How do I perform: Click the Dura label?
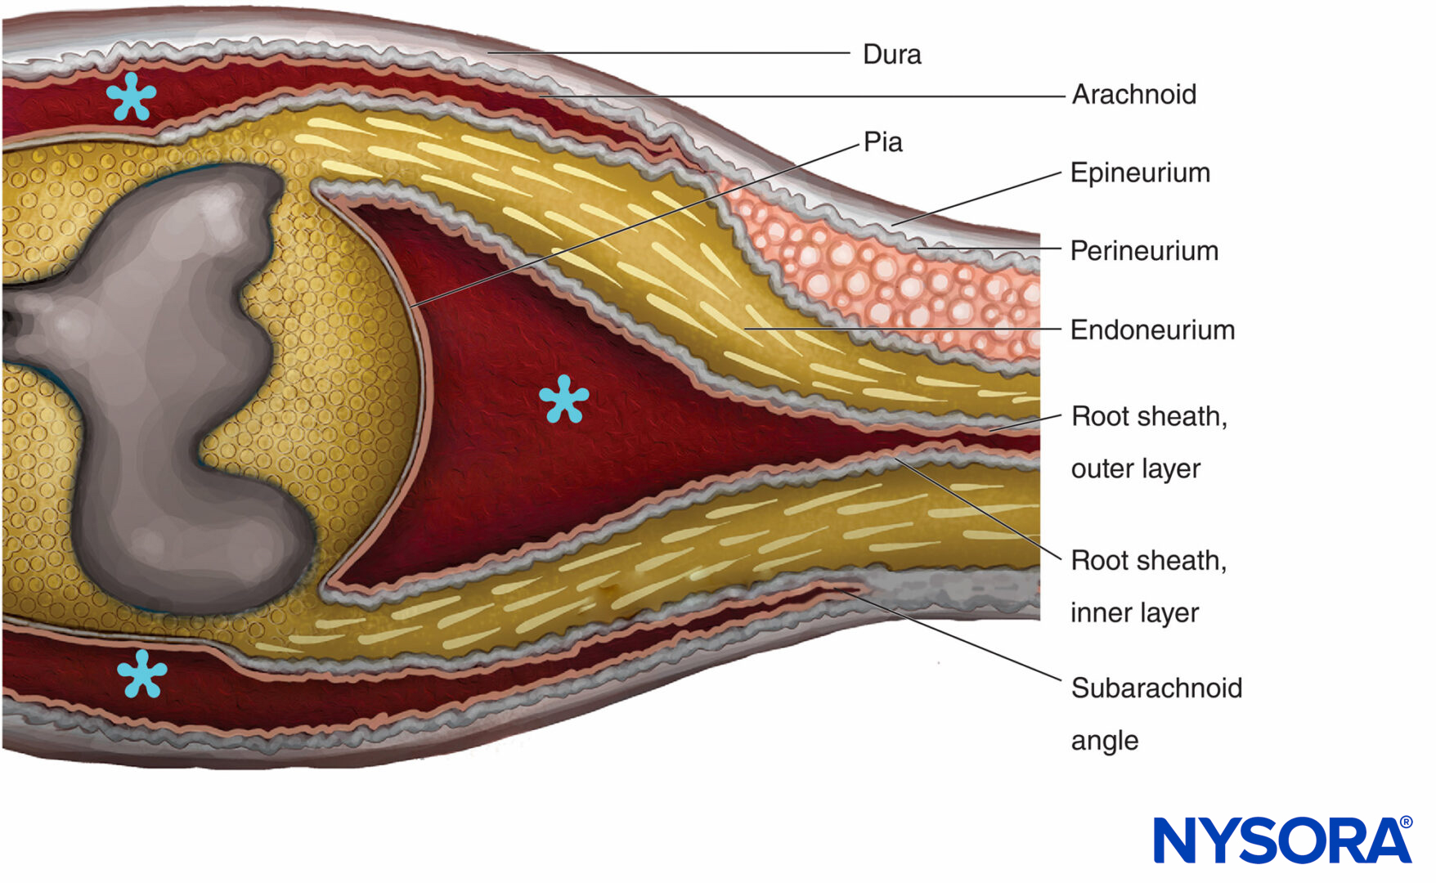point(891,55)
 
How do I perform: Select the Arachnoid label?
point(1133,95)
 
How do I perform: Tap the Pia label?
point(882,142)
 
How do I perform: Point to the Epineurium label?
point(1140,173)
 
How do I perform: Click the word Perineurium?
point(1144,251)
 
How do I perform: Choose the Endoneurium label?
point(1152,330)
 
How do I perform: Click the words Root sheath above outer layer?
point(1148,417)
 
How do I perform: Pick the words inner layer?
point(1134,613)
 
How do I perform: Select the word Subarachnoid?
point(1156,688)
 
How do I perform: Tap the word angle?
point(1104,741)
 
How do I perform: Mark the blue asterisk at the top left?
point(131,96)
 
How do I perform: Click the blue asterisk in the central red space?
point(563,399)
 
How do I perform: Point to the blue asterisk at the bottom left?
point(141,674)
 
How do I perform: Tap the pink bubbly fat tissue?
point(883,278)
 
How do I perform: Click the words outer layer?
point(1135,469)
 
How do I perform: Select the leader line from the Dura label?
point(671,53)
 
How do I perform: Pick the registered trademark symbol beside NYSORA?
point(1406,822)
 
